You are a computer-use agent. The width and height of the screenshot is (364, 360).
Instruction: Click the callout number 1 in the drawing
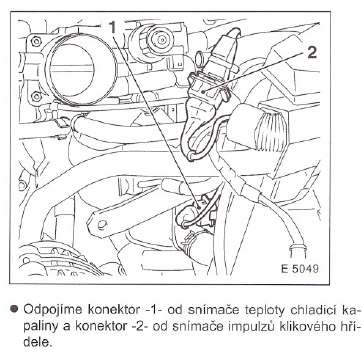click(x=113, y=27)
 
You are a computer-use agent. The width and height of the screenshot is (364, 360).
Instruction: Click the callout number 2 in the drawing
click(x=312, y=52)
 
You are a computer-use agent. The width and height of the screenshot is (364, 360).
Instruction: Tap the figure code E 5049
click(x=300, y=269)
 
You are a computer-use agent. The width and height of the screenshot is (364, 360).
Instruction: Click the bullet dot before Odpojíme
click(x=14, y=309)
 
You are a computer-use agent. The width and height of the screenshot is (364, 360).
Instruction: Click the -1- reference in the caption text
click(x=155, y=310)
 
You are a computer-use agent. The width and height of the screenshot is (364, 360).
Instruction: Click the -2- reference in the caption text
click(x=140, y=327)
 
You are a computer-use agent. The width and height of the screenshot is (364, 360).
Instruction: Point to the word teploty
click(x=264, y=311)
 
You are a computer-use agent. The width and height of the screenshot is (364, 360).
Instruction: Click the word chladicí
click(x=313, y=310)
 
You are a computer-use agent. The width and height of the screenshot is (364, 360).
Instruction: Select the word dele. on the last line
click(x=38, y=343)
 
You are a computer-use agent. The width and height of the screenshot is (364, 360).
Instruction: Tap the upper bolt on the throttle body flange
click(x=35, y=42)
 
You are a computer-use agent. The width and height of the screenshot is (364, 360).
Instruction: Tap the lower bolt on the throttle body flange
click(x=36, y=96)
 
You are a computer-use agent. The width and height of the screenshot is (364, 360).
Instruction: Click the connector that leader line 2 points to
click(x=207, y=89)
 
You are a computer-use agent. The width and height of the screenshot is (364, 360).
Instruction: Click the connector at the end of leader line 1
click(x=199, y=213)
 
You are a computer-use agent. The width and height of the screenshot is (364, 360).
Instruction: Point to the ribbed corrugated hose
click(x=274, y=128)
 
